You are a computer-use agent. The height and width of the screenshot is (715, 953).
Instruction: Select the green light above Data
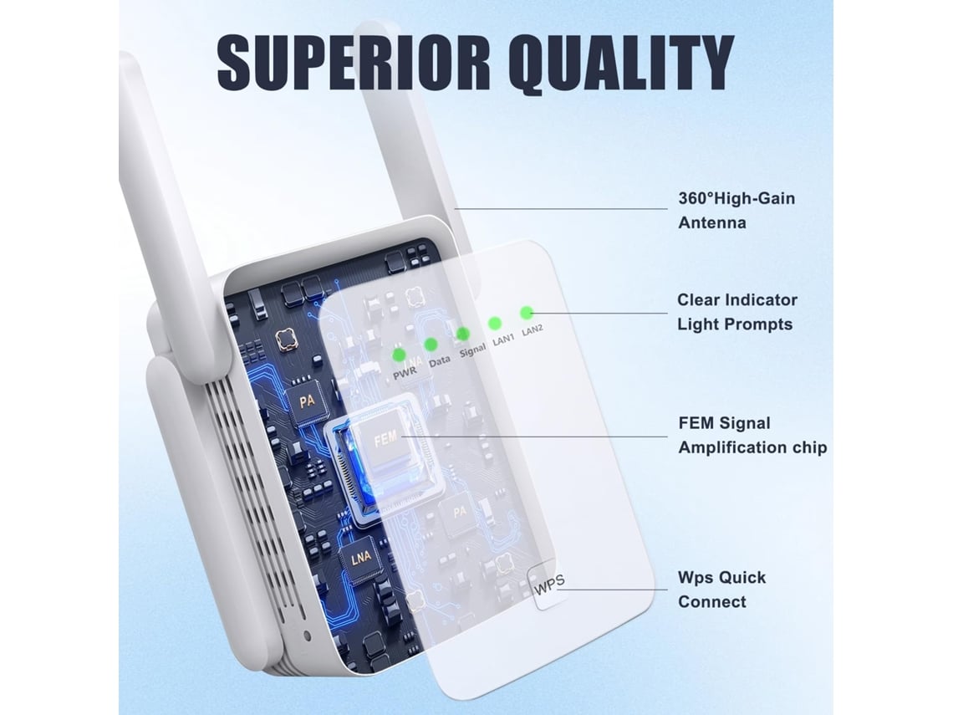tap(431, 344)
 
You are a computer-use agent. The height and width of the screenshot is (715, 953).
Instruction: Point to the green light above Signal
tap(462, 333)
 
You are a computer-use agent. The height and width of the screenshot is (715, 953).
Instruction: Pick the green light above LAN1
tap(495, 322)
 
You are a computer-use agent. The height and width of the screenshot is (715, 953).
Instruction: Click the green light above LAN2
tap(526, 313)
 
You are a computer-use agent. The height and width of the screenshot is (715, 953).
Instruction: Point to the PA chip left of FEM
tap(307, 401)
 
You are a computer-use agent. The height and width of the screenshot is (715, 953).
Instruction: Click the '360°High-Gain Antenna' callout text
tap(736, 211)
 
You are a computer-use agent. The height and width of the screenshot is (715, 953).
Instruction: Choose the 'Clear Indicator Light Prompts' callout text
tap(736, 312)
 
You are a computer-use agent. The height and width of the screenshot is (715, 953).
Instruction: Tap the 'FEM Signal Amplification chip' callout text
tap(752, 435)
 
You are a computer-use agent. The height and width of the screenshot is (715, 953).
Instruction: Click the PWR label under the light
tap(405, 375)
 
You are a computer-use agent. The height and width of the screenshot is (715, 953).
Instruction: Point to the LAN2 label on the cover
tap(533, 329)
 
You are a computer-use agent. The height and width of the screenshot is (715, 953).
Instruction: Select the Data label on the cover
tap(440, 363)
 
